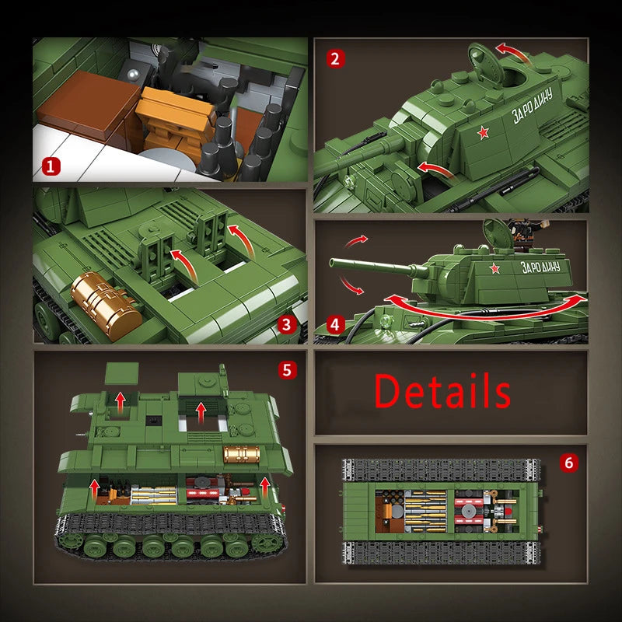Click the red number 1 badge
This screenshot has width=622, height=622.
pyautogui.click(x=51, y=165)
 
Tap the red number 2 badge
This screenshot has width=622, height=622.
pyautogui.click(x=335, y=58)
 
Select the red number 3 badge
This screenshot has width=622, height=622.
pyautogui.click(x=287, y=326)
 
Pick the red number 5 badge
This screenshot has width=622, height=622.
pyautogui.click(x=288, y=370)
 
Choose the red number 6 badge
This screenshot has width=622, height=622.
pyautogui.click(x=568, y=463)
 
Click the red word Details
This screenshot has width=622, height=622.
pyautogui.click(x=442, y=390)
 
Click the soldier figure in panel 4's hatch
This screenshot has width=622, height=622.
pyautogui.click(x=519, y=231)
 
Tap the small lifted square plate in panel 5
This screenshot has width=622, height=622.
pyautogui.click(x=121, y=373)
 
